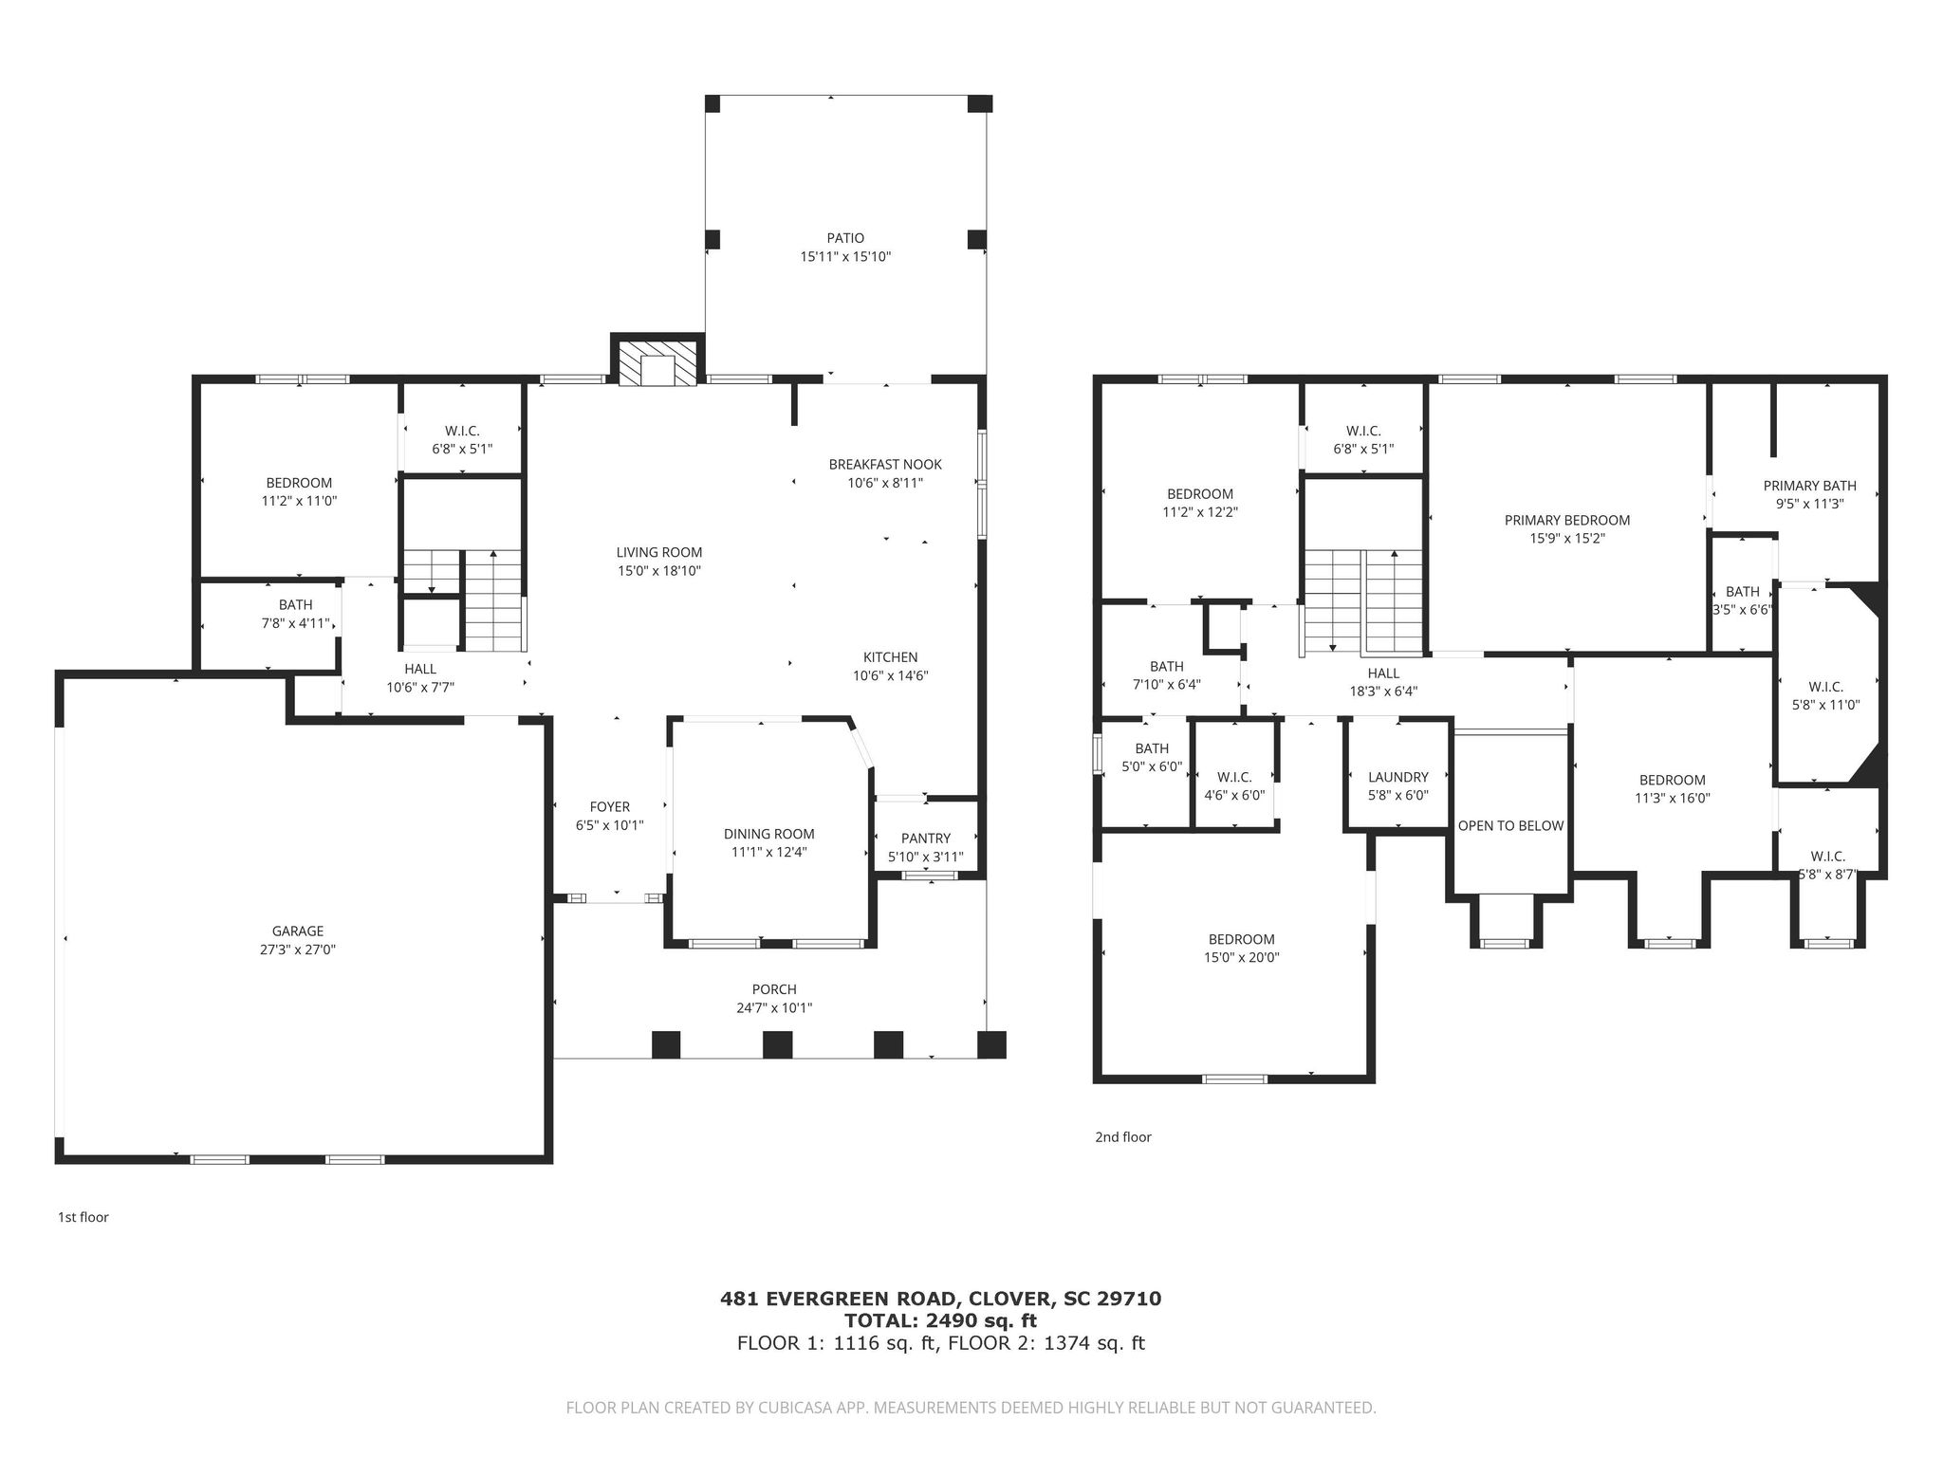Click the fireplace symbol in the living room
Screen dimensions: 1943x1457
[x=657, y=361]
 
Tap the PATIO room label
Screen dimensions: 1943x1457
[x=845, y=238]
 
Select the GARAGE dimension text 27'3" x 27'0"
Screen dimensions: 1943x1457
[x=298, y=950]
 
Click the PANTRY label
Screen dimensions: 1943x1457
[x=926, y=839]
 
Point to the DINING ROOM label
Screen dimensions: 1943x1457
[x=769, y=835]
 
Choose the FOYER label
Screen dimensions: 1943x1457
[x=610, y=807]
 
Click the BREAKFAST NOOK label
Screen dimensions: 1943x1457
[x=885, y=465]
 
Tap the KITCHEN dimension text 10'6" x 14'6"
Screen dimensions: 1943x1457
[x=890, y=676]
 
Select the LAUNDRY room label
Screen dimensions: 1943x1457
[x=1398, y=777]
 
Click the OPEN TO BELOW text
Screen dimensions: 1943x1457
[x=1510, y=826]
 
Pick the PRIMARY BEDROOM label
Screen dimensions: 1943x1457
[x=1567, y=520]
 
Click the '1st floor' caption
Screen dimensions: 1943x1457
[x=83, y=1217]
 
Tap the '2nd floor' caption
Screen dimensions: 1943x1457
[x=1123, y=1137]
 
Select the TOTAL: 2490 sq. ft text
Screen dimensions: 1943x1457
[x=941, y=1320]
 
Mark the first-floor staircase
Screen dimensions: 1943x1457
[x=463, y=599]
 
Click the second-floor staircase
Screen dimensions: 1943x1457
[x=1363, y=602]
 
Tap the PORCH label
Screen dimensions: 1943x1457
[x=774, y=989]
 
